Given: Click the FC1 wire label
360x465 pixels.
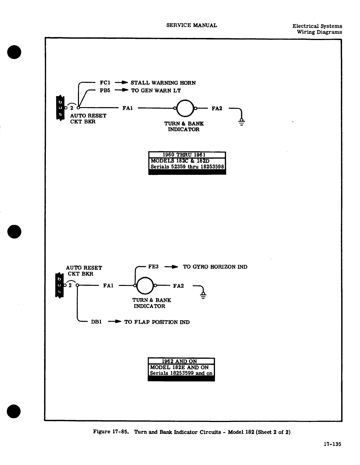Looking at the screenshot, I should [105, 83].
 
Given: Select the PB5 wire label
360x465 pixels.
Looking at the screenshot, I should [105, 90].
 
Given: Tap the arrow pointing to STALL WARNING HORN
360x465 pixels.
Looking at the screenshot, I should [121, 83].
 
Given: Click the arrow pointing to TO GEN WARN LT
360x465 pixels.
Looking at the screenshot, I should [121, 90].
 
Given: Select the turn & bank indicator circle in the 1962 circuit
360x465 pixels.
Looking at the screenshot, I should [145, 285].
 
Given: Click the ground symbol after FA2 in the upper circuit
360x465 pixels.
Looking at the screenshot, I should [242, 121].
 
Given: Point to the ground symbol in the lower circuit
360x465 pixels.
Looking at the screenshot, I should [203, 295].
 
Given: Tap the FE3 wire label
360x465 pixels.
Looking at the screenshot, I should [153, 267].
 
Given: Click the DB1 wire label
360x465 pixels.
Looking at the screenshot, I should [96, 322].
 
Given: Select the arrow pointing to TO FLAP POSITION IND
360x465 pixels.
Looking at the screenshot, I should [115, 322].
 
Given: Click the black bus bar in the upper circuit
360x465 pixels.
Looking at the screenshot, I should [60, 108].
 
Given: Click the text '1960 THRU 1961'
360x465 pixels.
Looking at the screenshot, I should [184, 155].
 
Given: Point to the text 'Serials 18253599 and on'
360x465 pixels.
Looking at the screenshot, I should [181, 373].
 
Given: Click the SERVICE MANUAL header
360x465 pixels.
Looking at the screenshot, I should [191, 25].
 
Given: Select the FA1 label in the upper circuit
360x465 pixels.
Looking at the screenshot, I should [128, 108].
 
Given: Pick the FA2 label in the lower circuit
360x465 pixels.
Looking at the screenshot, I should [179, 286].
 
